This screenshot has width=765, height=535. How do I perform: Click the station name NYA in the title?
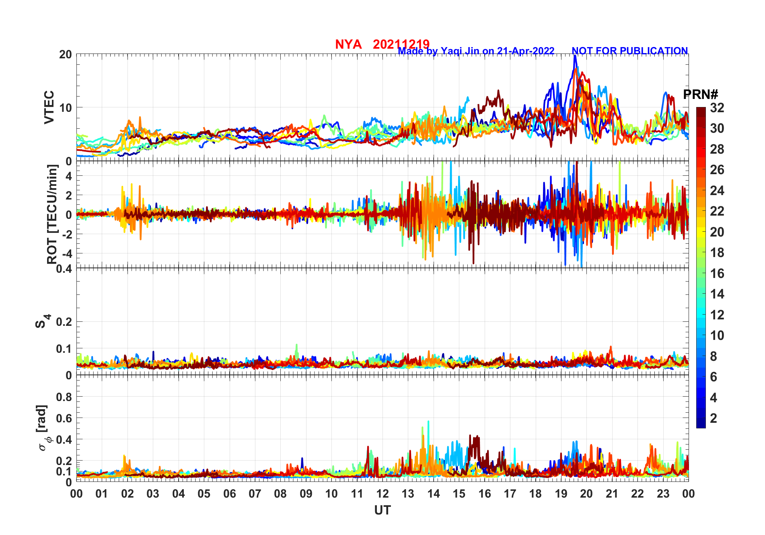click(348, 44)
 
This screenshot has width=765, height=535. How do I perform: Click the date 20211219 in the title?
click(401, 44)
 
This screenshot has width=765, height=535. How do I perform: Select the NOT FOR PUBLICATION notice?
click(629, 51)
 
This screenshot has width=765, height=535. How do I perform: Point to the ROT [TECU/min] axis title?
click(52, 214)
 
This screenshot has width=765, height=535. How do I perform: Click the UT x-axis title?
click(382, 510)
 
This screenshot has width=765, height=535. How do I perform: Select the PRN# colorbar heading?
click(700, 95)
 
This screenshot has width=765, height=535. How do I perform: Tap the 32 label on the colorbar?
click(717, 108)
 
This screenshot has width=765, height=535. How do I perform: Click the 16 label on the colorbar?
click(717, 274)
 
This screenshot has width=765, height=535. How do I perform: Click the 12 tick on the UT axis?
click(382, 494)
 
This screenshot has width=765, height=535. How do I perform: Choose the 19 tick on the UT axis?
click(561, 494)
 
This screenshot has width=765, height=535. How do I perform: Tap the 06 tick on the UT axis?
click(230, 494)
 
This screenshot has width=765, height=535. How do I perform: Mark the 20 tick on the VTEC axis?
click(66, 55)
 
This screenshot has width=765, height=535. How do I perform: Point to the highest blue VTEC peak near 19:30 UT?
click(575, 56)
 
